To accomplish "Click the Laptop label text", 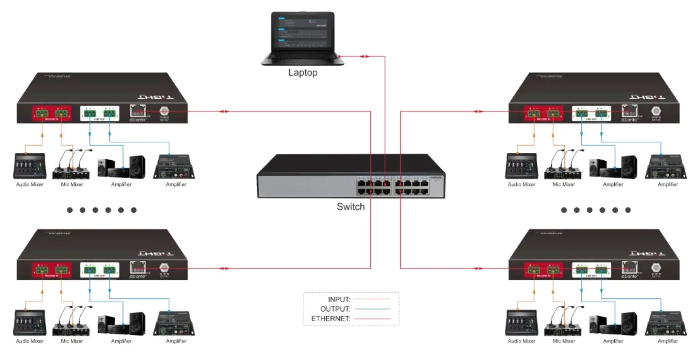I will [x=302, y=73].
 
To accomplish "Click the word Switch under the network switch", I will [x=351, y=207].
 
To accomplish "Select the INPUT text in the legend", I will [x=339, y=300].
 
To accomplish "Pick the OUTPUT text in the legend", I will [x=335, y=309].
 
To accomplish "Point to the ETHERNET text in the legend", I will [x=330, y=319].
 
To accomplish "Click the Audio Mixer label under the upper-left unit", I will [x=30, y=185].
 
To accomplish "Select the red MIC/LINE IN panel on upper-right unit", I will [x=543, y=114].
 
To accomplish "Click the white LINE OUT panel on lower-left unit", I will [x=100, y=271].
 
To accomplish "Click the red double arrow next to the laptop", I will [x=365, y=57].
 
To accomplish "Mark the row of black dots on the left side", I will [x=102, y=210].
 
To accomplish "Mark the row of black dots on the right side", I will [x=596, y=210].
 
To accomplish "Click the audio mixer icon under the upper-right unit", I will [x=521, y=166].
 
